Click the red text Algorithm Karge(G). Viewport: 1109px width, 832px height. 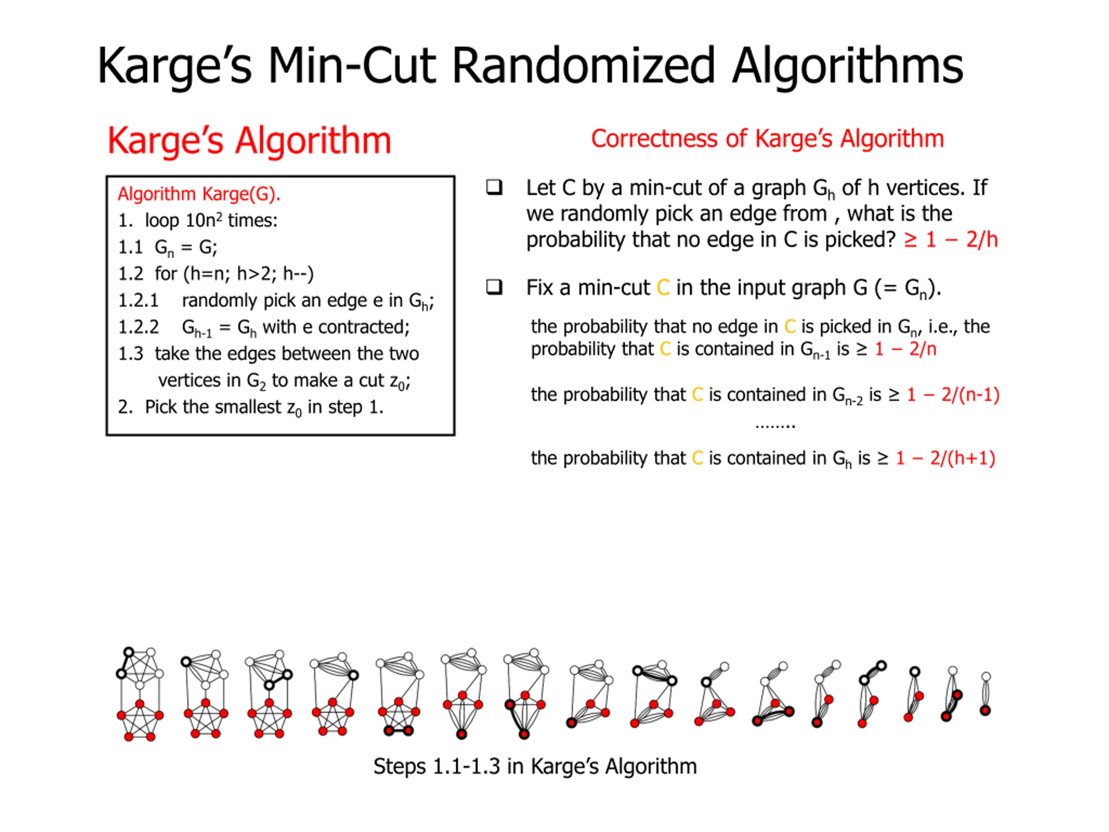pos(199,194)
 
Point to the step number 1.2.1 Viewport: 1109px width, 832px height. pos(138,301)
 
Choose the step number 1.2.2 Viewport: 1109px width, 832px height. pos(138,328)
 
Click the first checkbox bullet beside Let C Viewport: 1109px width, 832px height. pos(494,188)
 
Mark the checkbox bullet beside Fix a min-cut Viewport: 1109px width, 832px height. pos(494,287)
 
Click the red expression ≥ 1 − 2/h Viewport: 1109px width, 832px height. pos(950,240)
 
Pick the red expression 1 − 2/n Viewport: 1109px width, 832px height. pos(905,349)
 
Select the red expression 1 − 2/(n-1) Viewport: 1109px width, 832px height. pos(953,395)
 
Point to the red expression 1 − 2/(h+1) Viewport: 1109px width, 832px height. pos(945,458)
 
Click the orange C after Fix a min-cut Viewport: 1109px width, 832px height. pos(663,288)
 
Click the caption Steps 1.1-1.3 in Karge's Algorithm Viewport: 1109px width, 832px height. pos(535,766)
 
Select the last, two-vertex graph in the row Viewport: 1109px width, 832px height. pos(985,695)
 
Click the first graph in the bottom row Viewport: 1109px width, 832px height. pos(140,694)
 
